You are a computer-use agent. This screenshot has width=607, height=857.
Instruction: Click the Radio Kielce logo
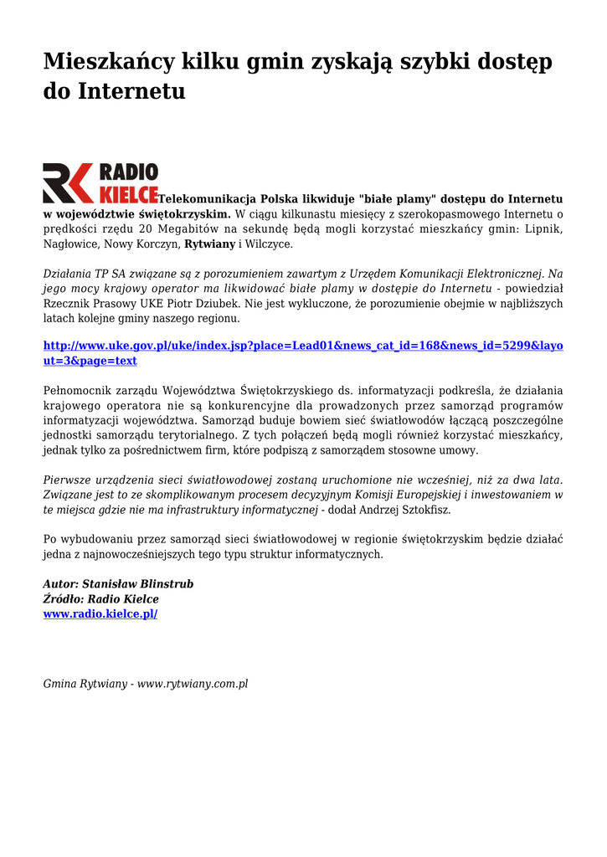pyautogui.click(x=100, y=183)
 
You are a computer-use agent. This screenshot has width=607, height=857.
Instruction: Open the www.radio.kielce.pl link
pyautogui.click(x=100, y=613)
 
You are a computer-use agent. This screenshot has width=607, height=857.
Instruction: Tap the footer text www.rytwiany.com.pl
pyautogui.click(x=193, y=684)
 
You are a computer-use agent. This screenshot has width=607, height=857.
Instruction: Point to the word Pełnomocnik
pyautogui.click(x=77, y=390)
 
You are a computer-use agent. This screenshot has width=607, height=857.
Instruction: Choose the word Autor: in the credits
pyautogui.click(x=60, y=583)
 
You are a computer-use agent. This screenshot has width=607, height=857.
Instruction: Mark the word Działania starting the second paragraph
pyautogui.click(x=70, y=273)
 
